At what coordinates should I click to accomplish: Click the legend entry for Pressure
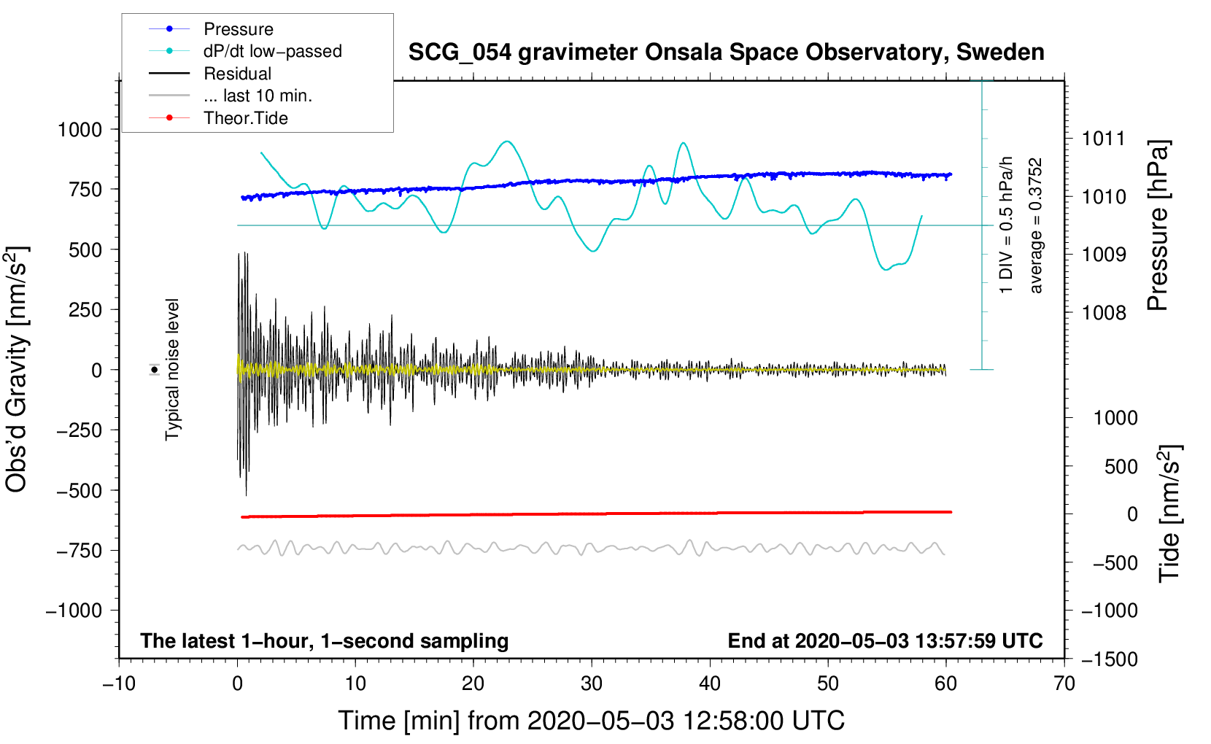(211, 28)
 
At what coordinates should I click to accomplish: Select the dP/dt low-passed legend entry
(245, 51)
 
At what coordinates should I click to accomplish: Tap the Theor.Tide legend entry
(218, 118)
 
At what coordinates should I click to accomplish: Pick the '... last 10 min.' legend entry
(231, 96)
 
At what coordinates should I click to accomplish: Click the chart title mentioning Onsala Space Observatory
(726, 53)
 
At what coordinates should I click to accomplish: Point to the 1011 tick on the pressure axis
(1104, 139)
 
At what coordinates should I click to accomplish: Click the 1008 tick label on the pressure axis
(1104, 312)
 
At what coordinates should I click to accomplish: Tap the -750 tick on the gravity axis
(79, 551)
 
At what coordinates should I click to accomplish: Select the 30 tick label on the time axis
(592, 684)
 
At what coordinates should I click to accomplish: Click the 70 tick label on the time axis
(1064, 684)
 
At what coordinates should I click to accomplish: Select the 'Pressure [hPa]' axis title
(1158, 225)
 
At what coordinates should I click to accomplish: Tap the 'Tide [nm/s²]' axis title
(1170, 514)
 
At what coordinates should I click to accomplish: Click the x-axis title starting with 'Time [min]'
(592, 721)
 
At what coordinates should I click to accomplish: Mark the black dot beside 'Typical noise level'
(155, 370)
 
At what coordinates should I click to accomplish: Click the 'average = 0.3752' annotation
(1034, 226)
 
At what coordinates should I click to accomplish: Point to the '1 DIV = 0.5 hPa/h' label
(1005, 225)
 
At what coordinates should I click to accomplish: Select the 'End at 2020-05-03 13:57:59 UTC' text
(885, 640)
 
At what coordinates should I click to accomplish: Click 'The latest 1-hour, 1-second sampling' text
(325, 641)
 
